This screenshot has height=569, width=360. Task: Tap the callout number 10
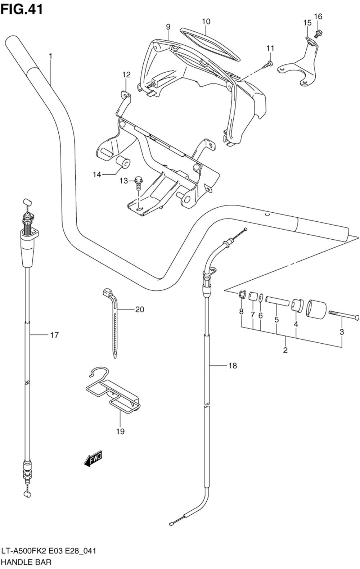(206, 22)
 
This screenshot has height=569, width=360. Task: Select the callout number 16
(318, 17)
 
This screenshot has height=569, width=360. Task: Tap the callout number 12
(126, 75)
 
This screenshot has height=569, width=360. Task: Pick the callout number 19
(121, 431)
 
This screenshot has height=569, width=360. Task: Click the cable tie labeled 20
(113, 322)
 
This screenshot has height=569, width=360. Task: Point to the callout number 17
(54, 335)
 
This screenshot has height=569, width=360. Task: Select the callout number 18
(233, 366)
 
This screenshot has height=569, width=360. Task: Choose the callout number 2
(285, 350)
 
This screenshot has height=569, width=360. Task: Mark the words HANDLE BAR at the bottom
(26, 562)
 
